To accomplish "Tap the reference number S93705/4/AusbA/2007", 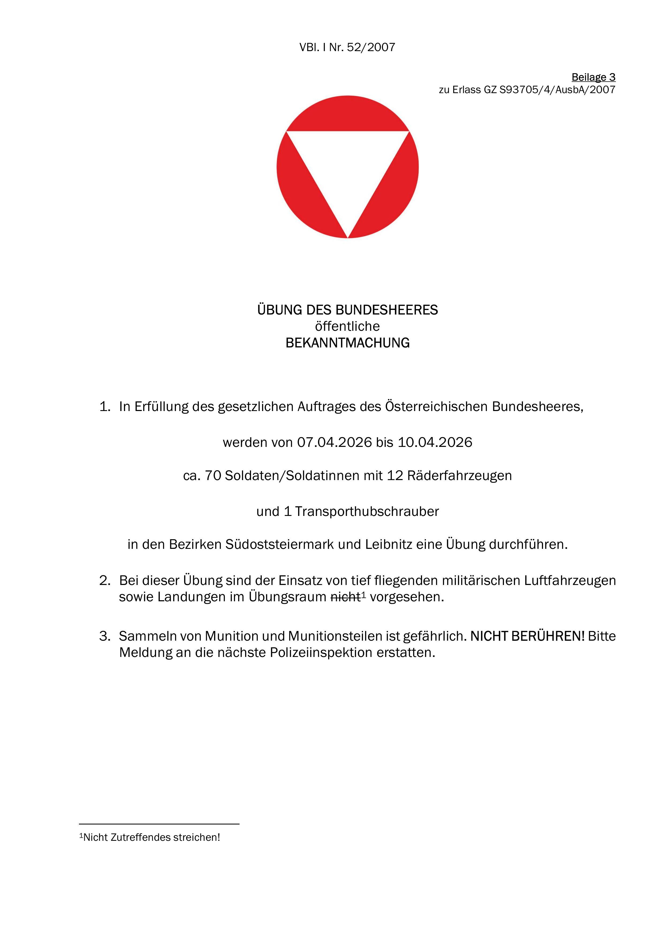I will pos(557,90).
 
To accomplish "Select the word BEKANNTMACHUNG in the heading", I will pos(347,343).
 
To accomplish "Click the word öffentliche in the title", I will pos(347,326).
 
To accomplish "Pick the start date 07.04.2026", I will pos(334,442).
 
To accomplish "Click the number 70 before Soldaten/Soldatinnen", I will pos(213,476).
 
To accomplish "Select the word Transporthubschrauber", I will pos(367,511).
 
